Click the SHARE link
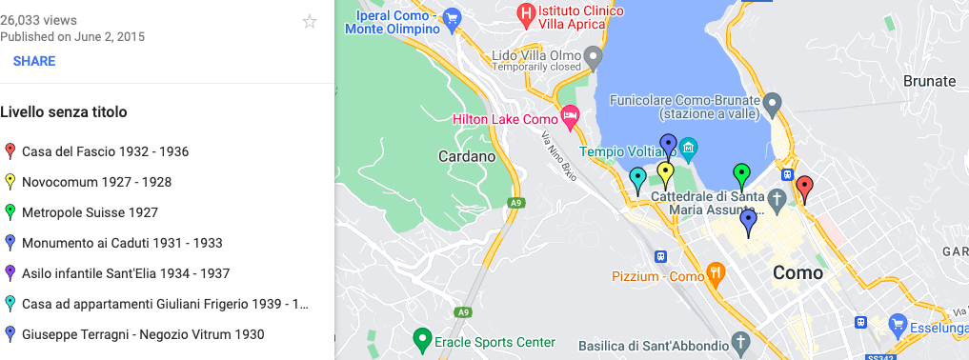(x=34, y=61)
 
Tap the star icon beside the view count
(x=310, y=22)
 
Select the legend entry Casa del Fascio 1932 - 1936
(x=105, y=151)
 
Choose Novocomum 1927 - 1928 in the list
(x=96, y=182)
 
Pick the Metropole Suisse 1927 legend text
(x=90, y=212)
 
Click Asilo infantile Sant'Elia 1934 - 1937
(x=126, y=273)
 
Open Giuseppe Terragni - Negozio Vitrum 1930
(x=143, y=334)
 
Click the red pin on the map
(x=804, y=187)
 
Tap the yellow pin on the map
(x=666, y=172)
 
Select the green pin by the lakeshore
(x=741, y=173)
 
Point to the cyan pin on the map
(x=637, y=177)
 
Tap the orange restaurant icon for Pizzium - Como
(x=716, y=276)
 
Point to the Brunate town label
(x=928, y=81)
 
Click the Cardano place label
(x=467, y=156)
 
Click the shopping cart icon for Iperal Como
(x=452, y=16)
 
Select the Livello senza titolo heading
(x=64, y=112)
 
